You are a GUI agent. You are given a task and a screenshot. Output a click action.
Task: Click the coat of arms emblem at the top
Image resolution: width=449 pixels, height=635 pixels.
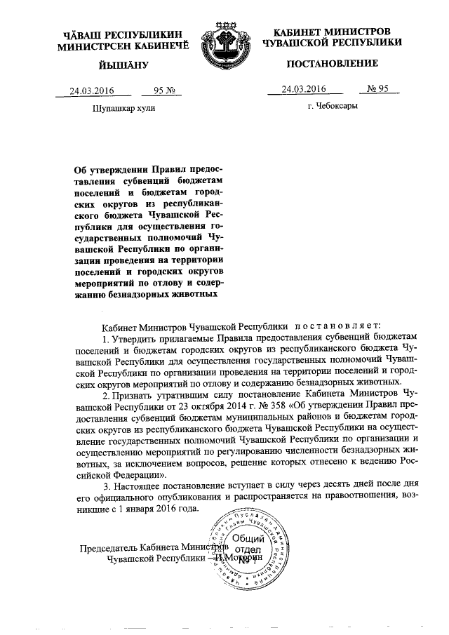click(224, 45)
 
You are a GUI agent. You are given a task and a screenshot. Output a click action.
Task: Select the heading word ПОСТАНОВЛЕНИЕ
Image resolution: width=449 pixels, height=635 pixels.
click(333, 63)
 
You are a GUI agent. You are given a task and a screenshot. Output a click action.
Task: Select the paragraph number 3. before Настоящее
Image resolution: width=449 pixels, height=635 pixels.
click(107, 486)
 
